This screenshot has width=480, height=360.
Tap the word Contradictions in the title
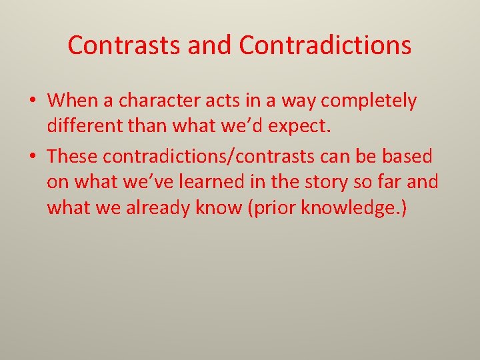click(325, 45)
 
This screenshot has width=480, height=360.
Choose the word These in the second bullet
click(72, 157)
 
